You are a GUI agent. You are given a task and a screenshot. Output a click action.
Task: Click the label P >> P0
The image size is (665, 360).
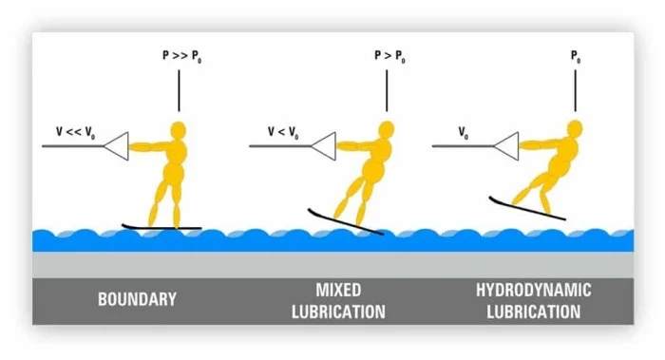click(x=182, y=56)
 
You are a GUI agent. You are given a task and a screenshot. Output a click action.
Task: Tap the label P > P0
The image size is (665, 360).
click(x=389, y=56)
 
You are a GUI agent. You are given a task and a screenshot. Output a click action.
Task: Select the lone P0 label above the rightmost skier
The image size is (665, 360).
click(x=576, y=56)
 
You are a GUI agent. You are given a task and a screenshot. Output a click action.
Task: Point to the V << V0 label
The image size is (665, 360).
click(x=75, y=132)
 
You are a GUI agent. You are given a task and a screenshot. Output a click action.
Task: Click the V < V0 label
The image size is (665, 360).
click(x=283, y=132)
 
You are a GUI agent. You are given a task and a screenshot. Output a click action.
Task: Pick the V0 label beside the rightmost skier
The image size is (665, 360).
click(x=464, y=133)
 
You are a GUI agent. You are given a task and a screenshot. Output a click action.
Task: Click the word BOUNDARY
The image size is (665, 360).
click(x=137, y=299)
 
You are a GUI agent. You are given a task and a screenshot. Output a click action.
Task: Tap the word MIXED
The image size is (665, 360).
click(x=338, y=291)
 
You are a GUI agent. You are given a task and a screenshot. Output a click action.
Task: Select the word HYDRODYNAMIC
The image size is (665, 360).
click(x=534, y=291)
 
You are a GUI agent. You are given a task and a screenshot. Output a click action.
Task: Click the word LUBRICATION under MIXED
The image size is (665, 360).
click(x=338, y=313)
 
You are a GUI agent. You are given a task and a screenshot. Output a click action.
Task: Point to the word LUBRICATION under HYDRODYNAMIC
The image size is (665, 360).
click(x=534, y=313)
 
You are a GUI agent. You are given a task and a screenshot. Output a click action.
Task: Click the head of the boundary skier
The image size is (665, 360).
click(x=179, y=130)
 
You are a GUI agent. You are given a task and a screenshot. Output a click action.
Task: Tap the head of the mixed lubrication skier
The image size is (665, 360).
click(x=387, y=129)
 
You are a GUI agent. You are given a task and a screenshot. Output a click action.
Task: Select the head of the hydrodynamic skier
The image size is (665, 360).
click(x=575, y=128)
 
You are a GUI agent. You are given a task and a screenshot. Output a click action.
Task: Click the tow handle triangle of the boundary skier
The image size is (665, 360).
click(x=116, y=146)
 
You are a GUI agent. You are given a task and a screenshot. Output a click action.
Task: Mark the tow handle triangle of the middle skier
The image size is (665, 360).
click(x=324, y=146)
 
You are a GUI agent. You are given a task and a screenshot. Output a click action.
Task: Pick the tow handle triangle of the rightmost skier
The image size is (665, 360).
click(x=506, y=146)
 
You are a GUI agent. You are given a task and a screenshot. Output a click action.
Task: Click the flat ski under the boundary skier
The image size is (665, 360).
click(x=161, y=227)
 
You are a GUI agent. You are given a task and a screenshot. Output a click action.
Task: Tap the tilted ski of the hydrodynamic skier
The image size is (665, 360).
click(x=527, y=208)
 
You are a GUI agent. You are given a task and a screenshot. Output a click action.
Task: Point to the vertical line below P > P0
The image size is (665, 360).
click(x=387, y=91)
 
